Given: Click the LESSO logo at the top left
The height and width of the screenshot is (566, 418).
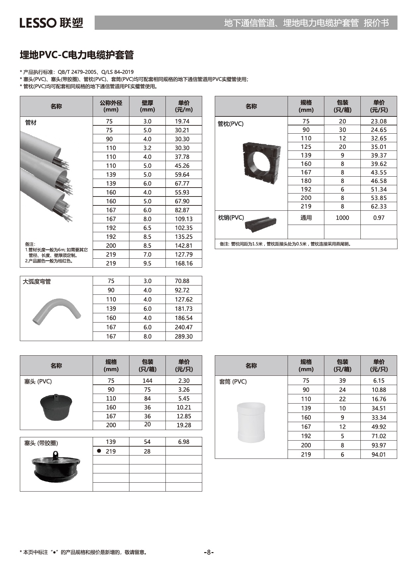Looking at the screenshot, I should (51, 23).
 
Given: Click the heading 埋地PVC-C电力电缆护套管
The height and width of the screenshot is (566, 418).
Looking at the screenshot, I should (76, 55).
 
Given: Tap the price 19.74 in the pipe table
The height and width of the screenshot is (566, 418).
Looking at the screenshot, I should (182, 121).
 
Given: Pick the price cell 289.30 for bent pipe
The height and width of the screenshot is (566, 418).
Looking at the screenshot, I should (184, 336).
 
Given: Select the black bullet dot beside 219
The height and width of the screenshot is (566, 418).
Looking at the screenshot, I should (99, 451).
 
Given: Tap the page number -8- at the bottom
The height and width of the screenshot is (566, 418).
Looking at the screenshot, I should (209, 552).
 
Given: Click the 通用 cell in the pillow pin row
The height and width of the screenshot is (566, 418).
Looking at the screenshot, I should (306, 218).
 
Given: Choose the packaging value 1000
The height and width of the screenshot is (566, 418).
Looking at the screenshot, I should (342, 218).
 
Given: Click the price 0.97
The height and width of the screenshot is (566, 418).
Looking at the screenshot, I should (379, 218).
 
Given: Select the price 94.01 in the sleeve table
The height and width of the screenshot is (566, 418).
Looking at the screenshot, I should (379, 455).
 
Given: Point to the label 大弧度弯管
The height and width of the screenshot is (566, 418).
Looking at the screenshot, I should (37, 282).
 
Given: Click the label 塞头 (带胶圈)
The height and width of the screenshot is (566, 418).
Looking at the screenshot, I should (41, 443).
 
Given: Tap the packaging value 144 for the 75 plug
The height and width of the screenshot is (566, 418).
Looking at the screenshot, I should (147, 381).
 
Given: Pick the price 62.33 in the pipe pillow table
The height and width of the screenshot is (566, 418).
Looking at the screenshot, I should (379, 206).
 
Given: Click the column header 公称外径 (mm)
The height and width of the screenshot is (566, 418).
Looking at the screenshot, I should (111, 106).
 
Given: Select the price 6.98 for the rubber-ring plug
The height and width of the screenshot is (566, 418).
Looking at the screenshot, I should (184, 442).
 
